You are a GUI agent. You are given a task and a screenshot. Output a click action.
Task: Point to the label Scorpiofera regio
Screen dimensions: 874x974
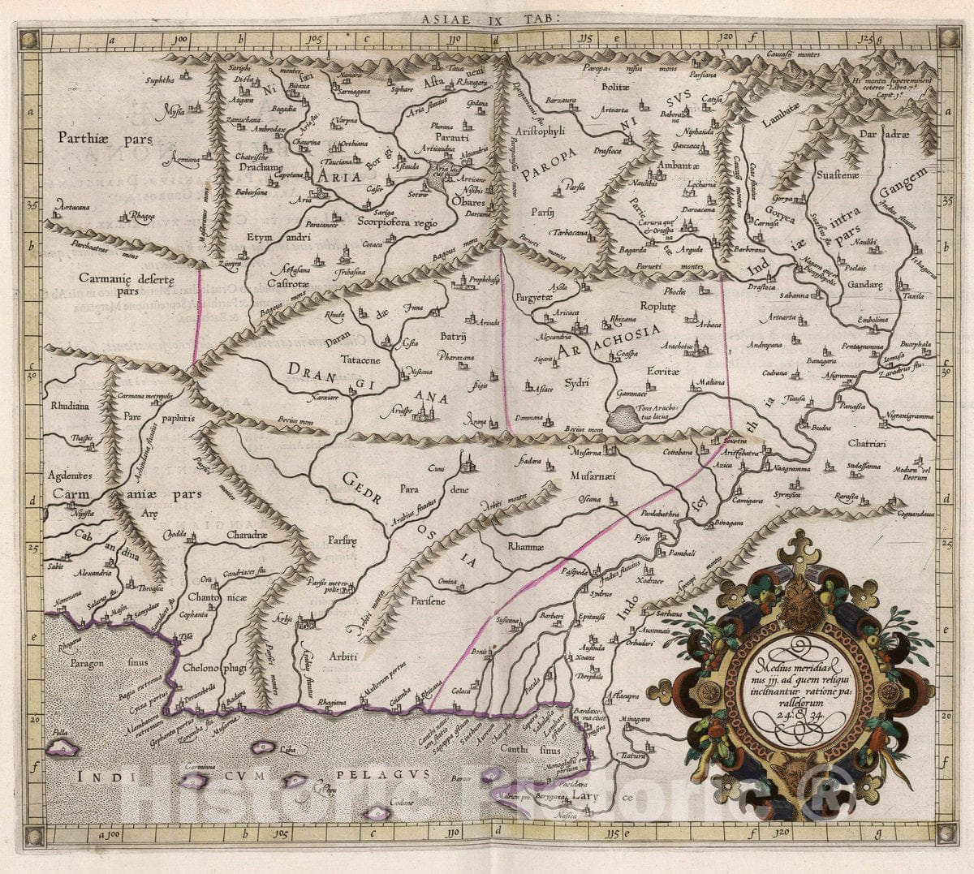pos(396,222)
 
